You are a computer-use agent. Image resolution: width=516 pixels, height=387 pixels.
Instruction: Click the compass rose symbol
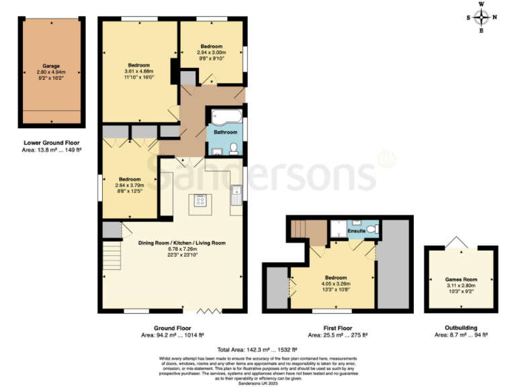click(481, 17)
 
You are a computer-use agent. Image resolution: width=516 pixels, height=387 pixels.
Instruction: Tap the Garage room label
click(52, 67)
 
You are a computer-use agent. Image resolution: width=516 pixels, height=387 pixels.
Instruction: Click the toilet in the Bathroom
click(234, 147)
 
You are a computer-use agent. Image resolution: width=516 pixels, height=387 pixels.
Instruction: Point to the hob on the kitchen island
click(200, 200)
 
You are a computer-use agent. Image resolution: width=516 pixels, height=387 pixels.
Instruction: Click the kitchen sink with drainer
click(235, 196)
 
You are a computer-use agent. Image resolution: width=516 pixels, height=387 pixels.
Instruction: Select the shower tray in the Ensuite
click(339, 230)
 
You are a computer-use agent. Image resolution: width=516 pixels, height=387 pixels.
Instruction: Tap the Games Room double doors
click(460, 243)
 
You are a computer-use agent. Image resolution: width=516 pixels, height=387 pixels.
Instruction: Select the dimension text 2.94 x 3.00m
click(211, 52)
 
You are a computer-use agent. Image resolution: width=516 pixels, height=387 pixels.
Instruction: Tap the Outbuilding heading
click(460, 327)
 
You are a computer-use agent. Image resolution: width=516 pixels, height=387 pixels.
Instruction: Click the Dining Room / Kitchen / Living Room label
click(181, 243)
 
